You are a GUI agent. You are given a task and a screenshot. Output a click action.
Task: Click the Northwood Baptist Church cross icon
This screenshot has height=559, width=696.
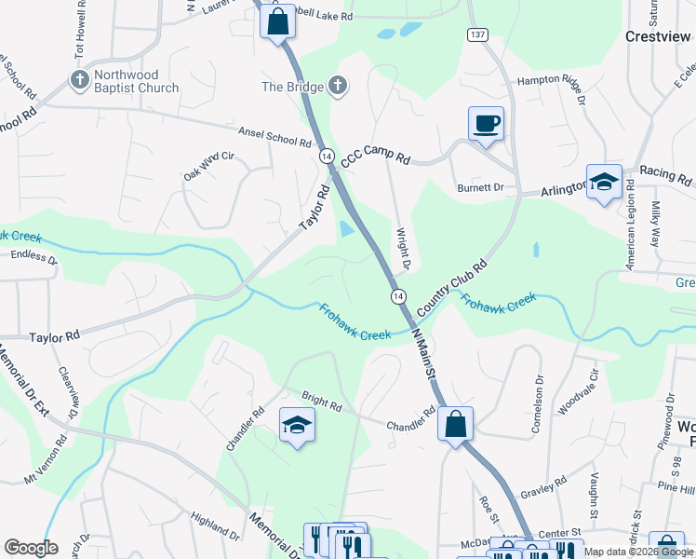(x=79, y=80)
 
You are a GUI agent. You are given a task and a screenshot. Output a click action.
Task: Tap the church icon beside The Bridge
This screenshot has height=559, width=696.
(x=338, y=87)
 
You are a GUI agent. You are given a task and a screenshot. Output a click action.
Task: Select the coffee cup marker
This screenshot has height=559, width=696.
(x=486, y=124)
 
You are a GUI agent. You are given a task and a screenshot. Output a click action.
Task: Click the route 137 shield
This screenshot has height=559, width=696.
(x=477, y=34)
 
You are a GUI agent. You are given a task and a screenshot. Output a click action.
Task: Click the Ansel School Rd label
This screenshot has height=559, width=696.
(x=274, y=137)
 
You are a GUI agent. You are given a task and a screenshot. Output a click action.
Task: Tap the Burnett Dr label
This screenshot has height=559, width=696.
(x=480, y=187)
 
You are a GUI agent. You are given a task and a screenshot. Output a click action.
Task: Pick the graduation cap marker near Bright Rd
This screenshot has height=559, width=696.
(x=297, y=425)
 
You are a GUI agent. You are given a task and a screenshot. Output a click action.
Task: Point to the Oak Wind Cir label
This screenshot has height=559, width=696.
(x=207, y=167)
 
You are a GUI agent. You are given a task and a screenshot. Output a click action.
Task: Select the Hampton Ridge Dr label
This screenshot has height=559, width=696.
(x=555, y=85)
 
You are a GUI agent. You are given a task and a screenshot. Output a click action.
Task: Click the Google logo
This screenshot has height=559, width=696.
(x=31, y=548)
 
